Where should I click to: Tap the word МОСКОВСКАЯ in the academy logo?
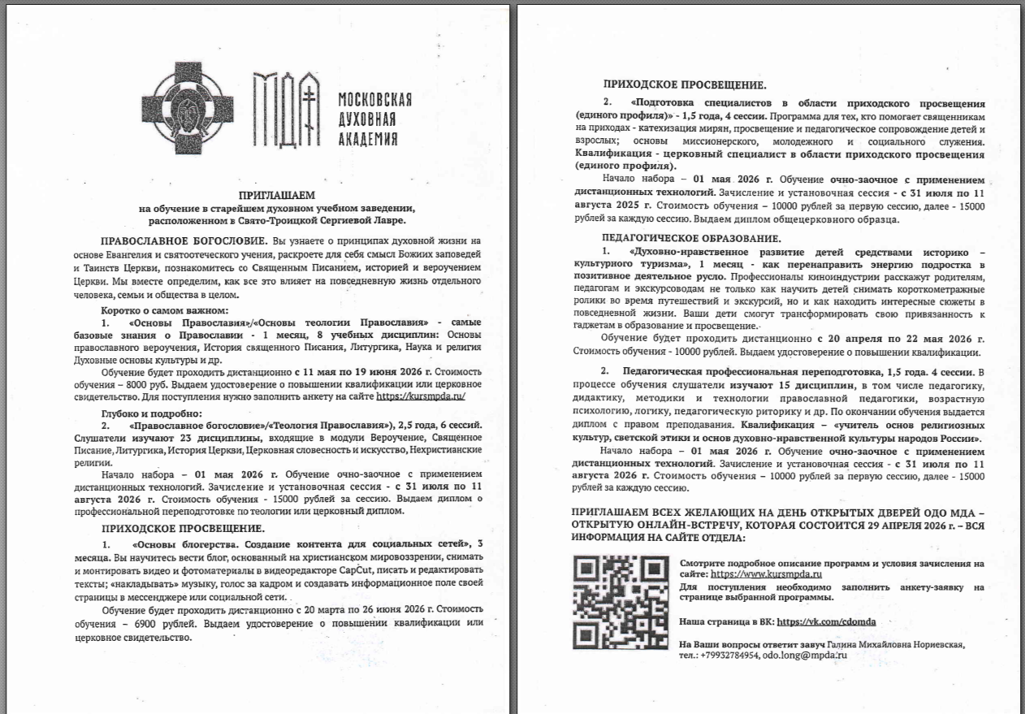point(374,100)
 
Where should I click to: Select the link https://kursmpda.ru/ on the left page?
point(420,396)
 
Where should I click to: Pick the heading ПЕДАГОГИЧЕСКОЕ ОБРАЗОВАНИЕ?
point(691,238)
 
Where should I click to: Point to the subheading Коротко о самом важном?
point(165,310)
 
